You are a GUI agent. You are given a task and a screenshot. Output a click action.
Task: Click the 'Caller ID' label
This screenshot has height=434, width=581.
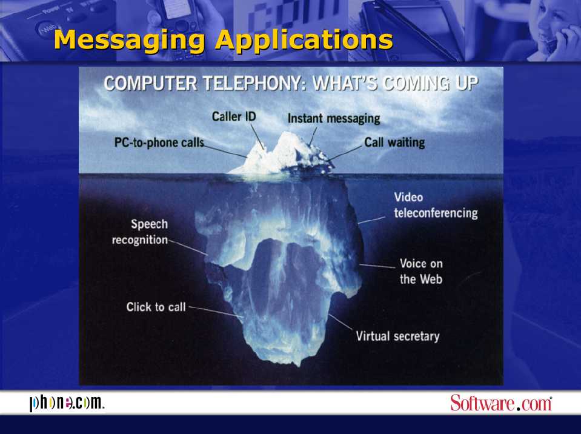[234, 116]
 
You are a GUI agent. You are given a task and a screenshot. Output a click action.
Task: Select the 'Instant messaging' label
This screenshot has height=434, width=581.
[334, 118]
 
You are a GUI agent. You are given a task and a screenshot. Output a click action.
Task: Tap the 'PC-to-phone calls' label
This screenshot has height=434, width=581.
[159, 142]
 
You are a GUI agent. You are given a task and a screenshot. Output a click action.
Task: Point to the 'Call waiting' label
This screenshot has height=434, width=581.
[394, 142]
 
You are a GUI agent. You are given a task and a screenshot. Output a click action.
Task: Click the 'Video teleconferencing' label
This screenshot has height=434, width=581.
[436, 205]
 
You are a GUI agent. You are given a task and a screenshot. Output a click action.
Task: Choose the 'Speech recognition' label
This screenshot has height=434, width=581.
[140, 232]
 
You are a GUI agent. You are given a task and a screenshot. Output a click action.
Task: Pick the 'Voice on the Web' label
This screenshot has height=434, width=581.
[421, 271]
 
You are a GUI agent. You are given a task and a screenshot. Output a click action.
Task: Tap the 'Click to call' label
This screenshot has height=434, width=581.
[156, 307]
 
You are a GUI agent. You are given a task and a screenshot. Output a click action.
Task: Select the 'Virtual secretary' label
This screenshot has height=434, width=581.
[397, 336]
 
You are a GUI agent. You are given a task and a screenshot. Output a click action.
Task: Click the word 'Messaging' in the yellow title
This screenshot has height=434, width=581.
[129, 39]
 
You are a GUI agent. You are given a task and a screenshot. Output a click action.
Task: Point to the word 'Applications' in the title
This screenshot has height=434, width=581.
[304, 39]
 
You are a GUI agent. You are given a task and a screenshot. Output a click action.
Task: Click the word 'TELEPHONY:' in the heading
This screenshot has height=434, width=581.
[255, 83]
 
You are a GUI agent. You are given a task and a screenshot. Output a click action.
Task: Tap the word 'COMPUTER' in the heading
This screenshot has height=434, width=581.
[150, 83]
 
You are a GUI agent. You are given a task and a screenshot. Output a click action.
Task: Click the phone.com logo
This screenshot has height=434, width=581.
[67, 403]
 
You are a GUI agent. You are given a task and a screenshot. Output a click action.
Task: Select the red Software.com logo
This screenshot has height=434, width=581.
[501, 402]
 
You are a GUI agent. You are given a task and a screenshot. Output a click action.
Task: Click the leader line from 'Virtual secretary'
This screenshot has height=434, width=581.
[340, 322]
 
